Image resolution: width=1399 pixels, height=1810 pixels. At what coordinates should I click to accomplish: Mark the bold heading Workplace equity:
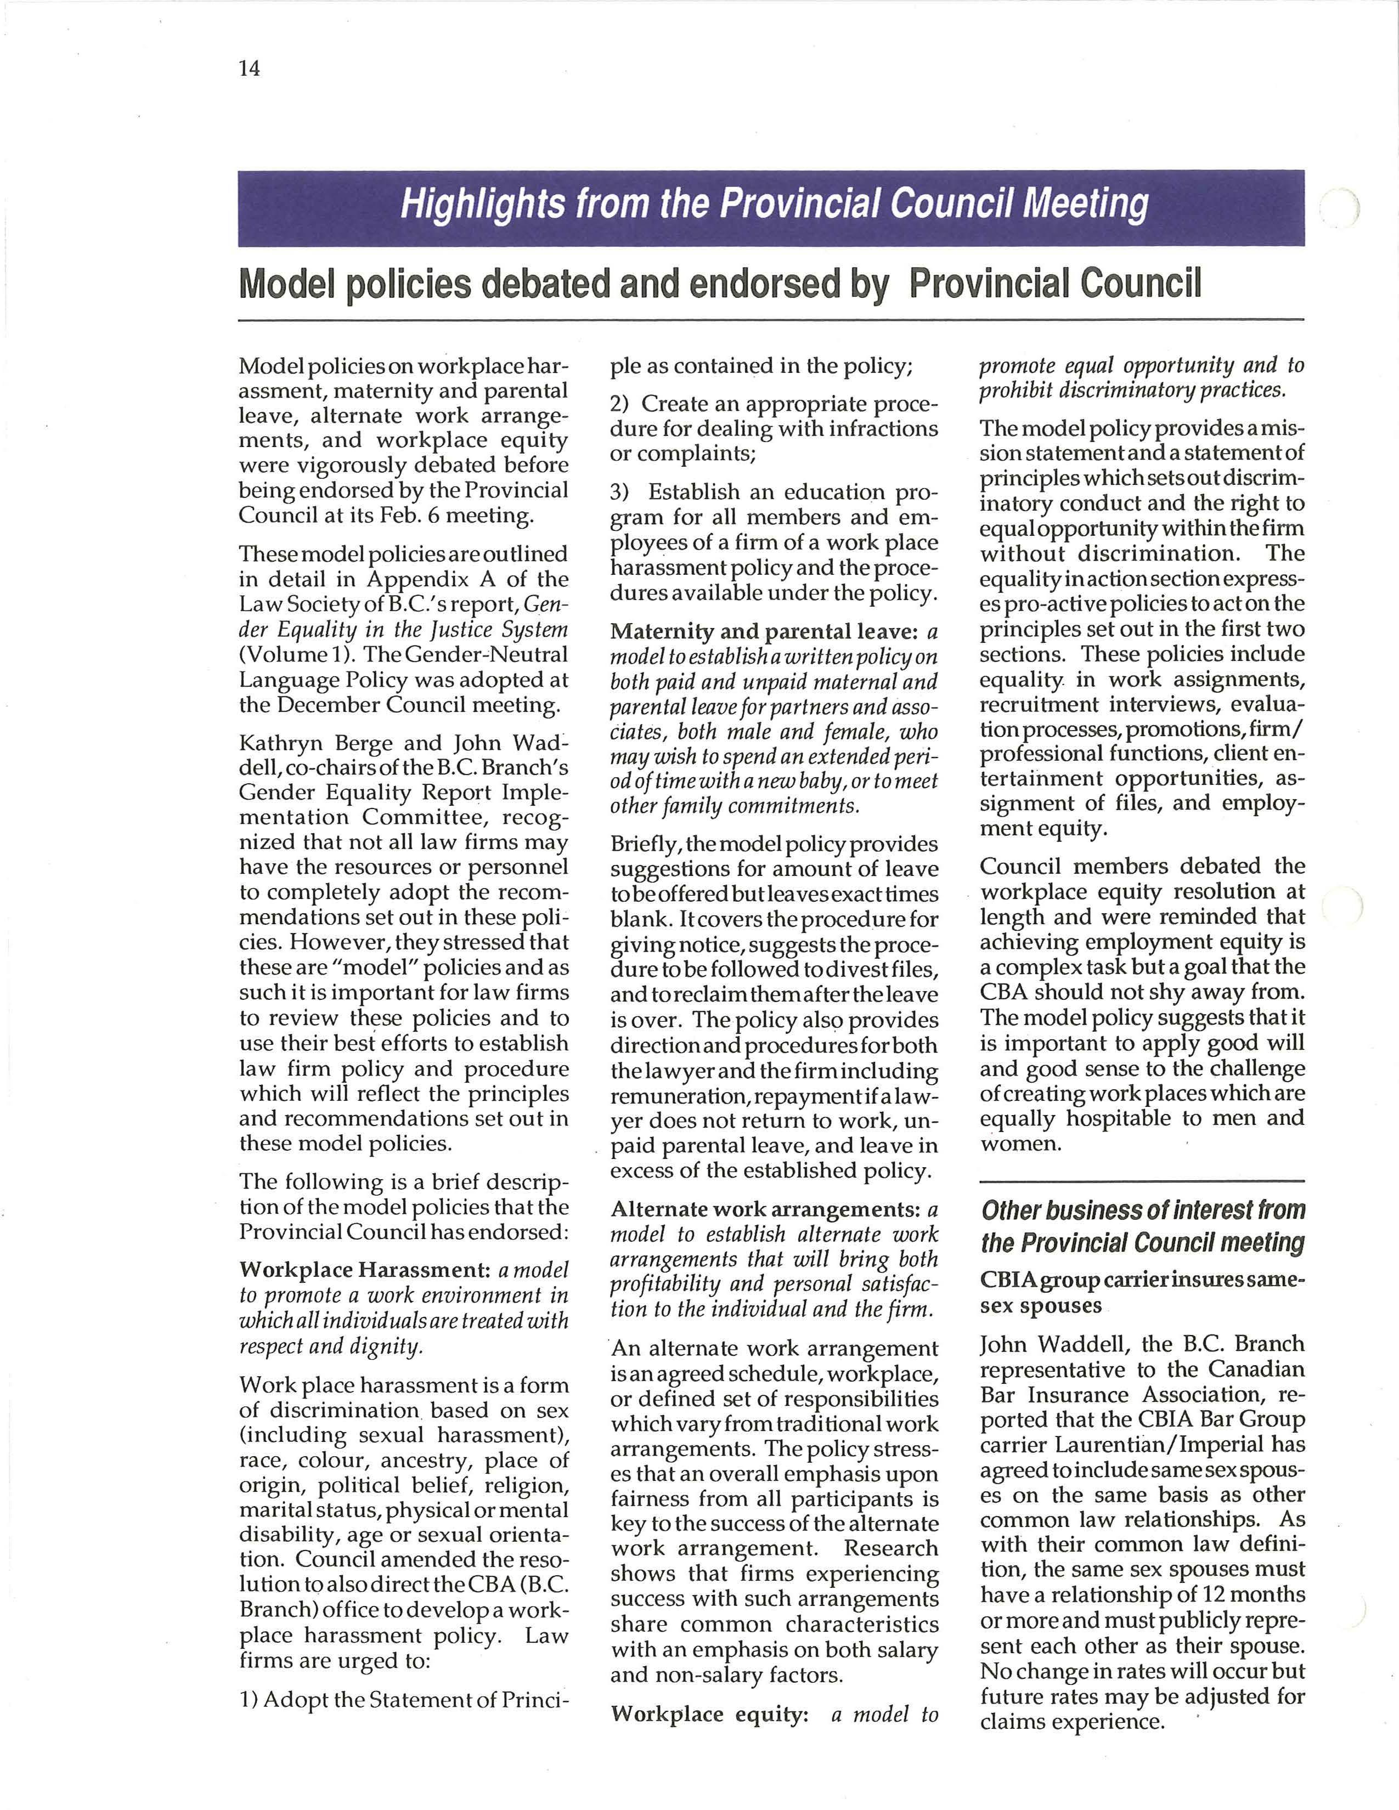click(x=709, y=1714)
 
